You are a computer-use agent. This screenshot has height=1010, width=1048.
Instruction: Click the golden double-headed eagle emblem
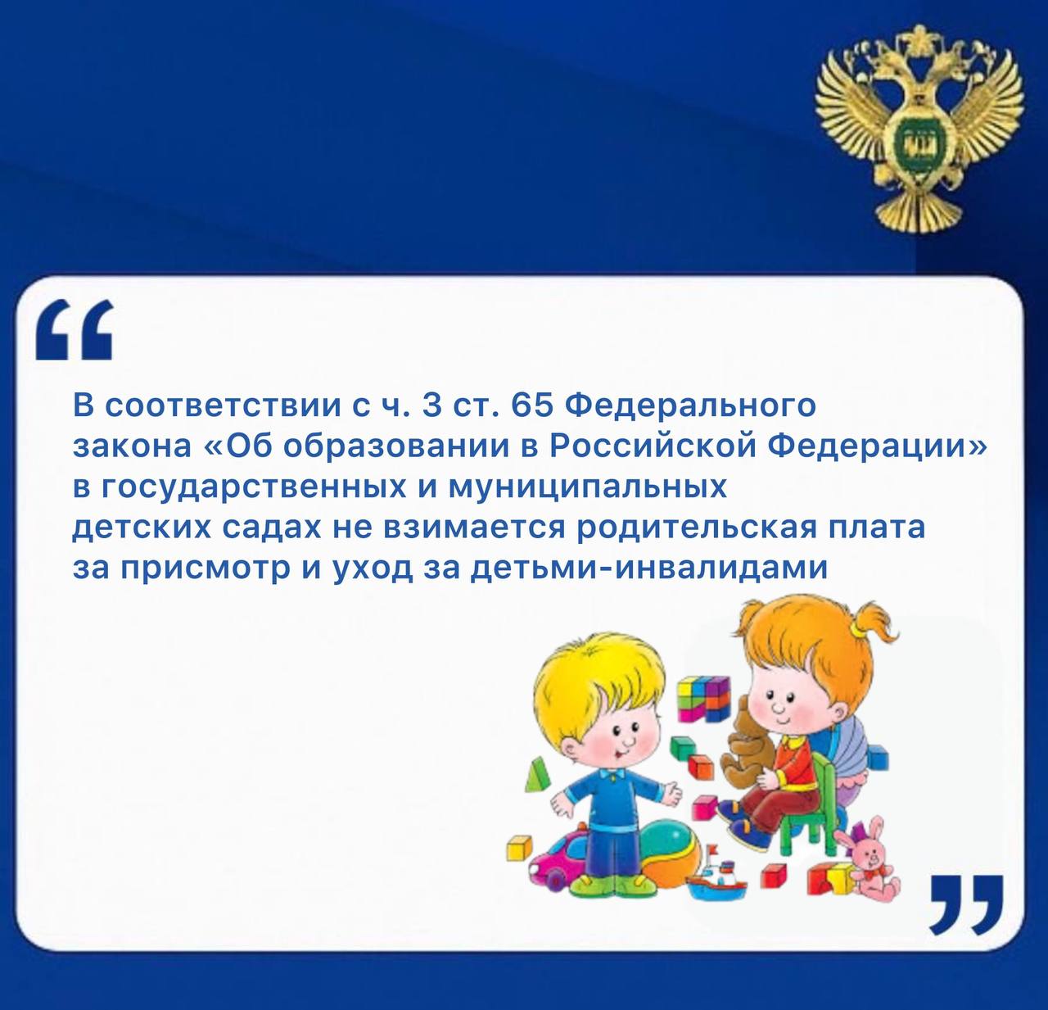(919, 129)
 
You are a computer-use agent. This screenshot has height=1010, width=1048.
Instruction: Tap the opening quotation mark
(74, 329)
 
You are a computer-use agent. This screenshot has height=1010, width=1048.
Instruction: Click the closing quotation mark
(967, 904)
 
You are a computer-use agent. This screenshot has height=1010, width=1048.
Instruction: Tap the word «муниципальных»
(588, 488)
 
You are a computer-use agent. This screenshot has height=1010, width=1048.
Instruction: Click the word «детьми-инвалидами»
(649, 568)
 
